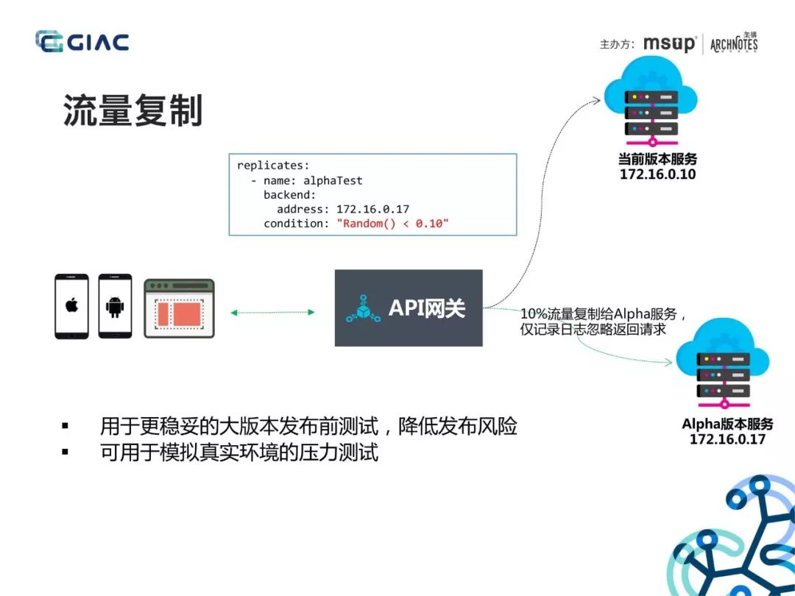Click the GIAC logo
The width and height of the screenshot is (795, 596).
(x=82, y=41)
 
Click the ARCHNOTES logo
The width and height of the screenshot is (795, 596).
(x=734, y=43)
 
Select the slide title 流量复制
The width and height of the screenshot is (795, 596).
(x=132, y=110)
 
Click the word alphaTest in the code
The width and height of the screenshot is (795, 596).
(x=333, y=180)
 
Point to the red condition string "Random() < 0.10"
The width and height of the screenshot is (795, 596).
(x=393, y=224)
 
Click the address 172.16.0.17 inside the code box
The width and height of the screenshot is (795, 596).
(x=372, y=209)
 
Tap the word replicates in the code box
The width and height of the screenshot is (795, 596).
(x=270, y=166)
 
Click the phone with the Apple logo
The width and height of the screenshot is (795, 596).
(x=71, y=306)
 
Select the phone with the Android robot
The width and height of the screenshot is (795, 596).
(x=115, y=306)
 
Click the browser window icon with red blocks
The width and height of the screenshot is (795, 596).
(x=179, y=308)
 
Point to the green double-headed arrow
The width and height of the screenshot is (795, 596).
(x=272, y=313)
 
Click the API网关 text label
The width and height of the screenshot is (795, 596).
(x=427, y=308)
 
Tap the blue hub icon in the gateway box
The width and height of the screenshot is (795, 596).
(x=363, y=308)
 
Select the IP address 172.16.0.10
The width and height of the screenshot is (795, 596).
(x=657, y=174)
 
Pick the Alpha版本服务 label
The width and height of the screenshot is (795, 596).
(x=727, y=424)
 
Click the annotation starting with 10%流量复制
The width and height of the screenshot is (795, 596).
(x=604, y=322)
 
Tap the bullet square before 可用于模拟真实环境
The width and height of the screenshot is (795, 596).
(x=65, y=451)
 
